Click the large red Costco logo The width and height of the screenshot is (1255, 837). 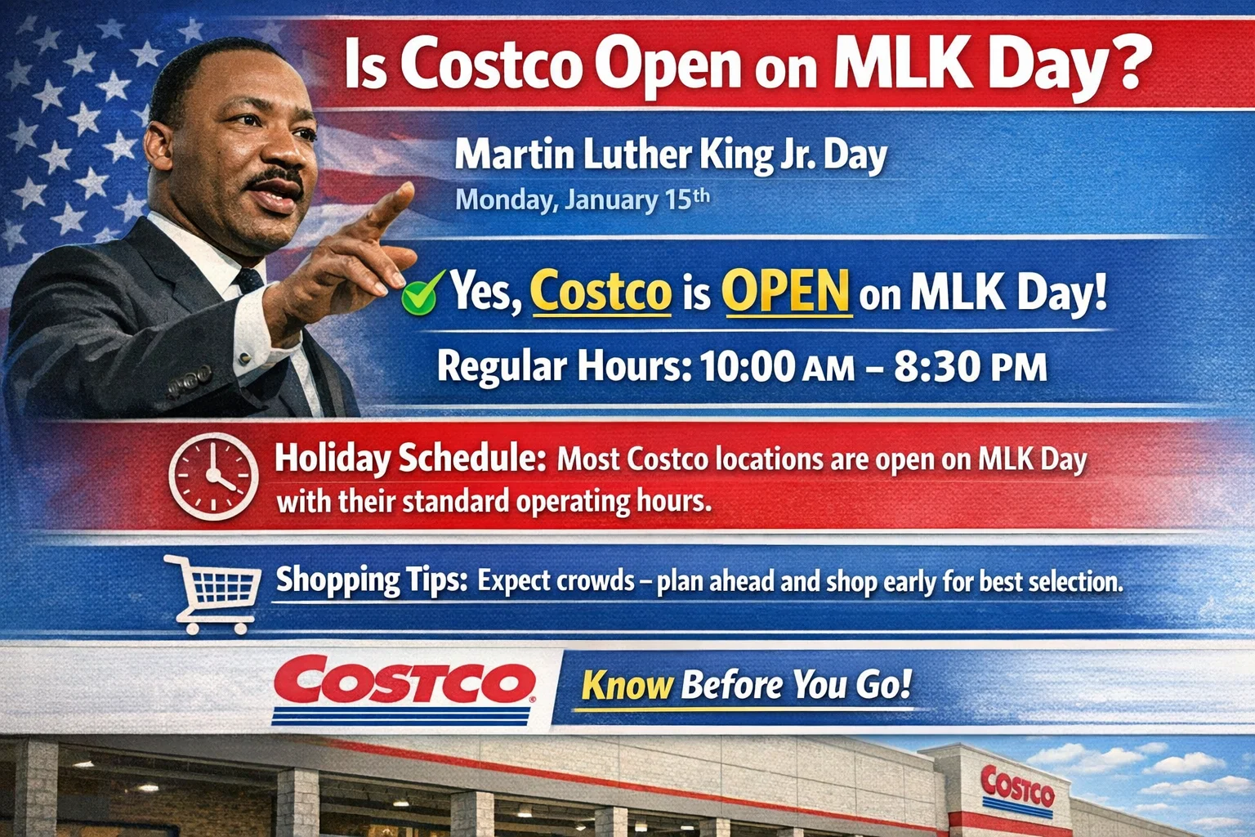(404, 683)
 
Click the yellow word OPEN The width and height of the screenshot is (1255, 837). (786, 292)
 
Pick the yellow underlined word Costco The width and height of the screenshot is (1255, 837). (601, 292)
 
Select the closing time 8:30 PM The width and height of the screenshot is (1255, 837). (970, 367)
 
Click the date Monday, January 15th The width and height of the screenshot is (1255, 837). (582, 199)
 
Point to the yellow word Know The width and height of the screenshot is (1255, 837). (627, 685)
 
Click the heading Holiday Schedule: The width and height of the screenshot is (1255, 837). (410, 459)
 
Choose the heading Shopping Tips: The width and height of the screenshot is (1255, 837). (371, 580)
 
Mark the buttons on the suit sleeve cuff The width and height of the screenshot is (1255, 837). (190, 383)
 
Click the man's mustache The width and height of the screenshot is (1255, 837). (275, 177)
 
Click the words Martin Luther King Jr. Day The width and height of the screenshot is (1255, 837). (670, 154)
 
